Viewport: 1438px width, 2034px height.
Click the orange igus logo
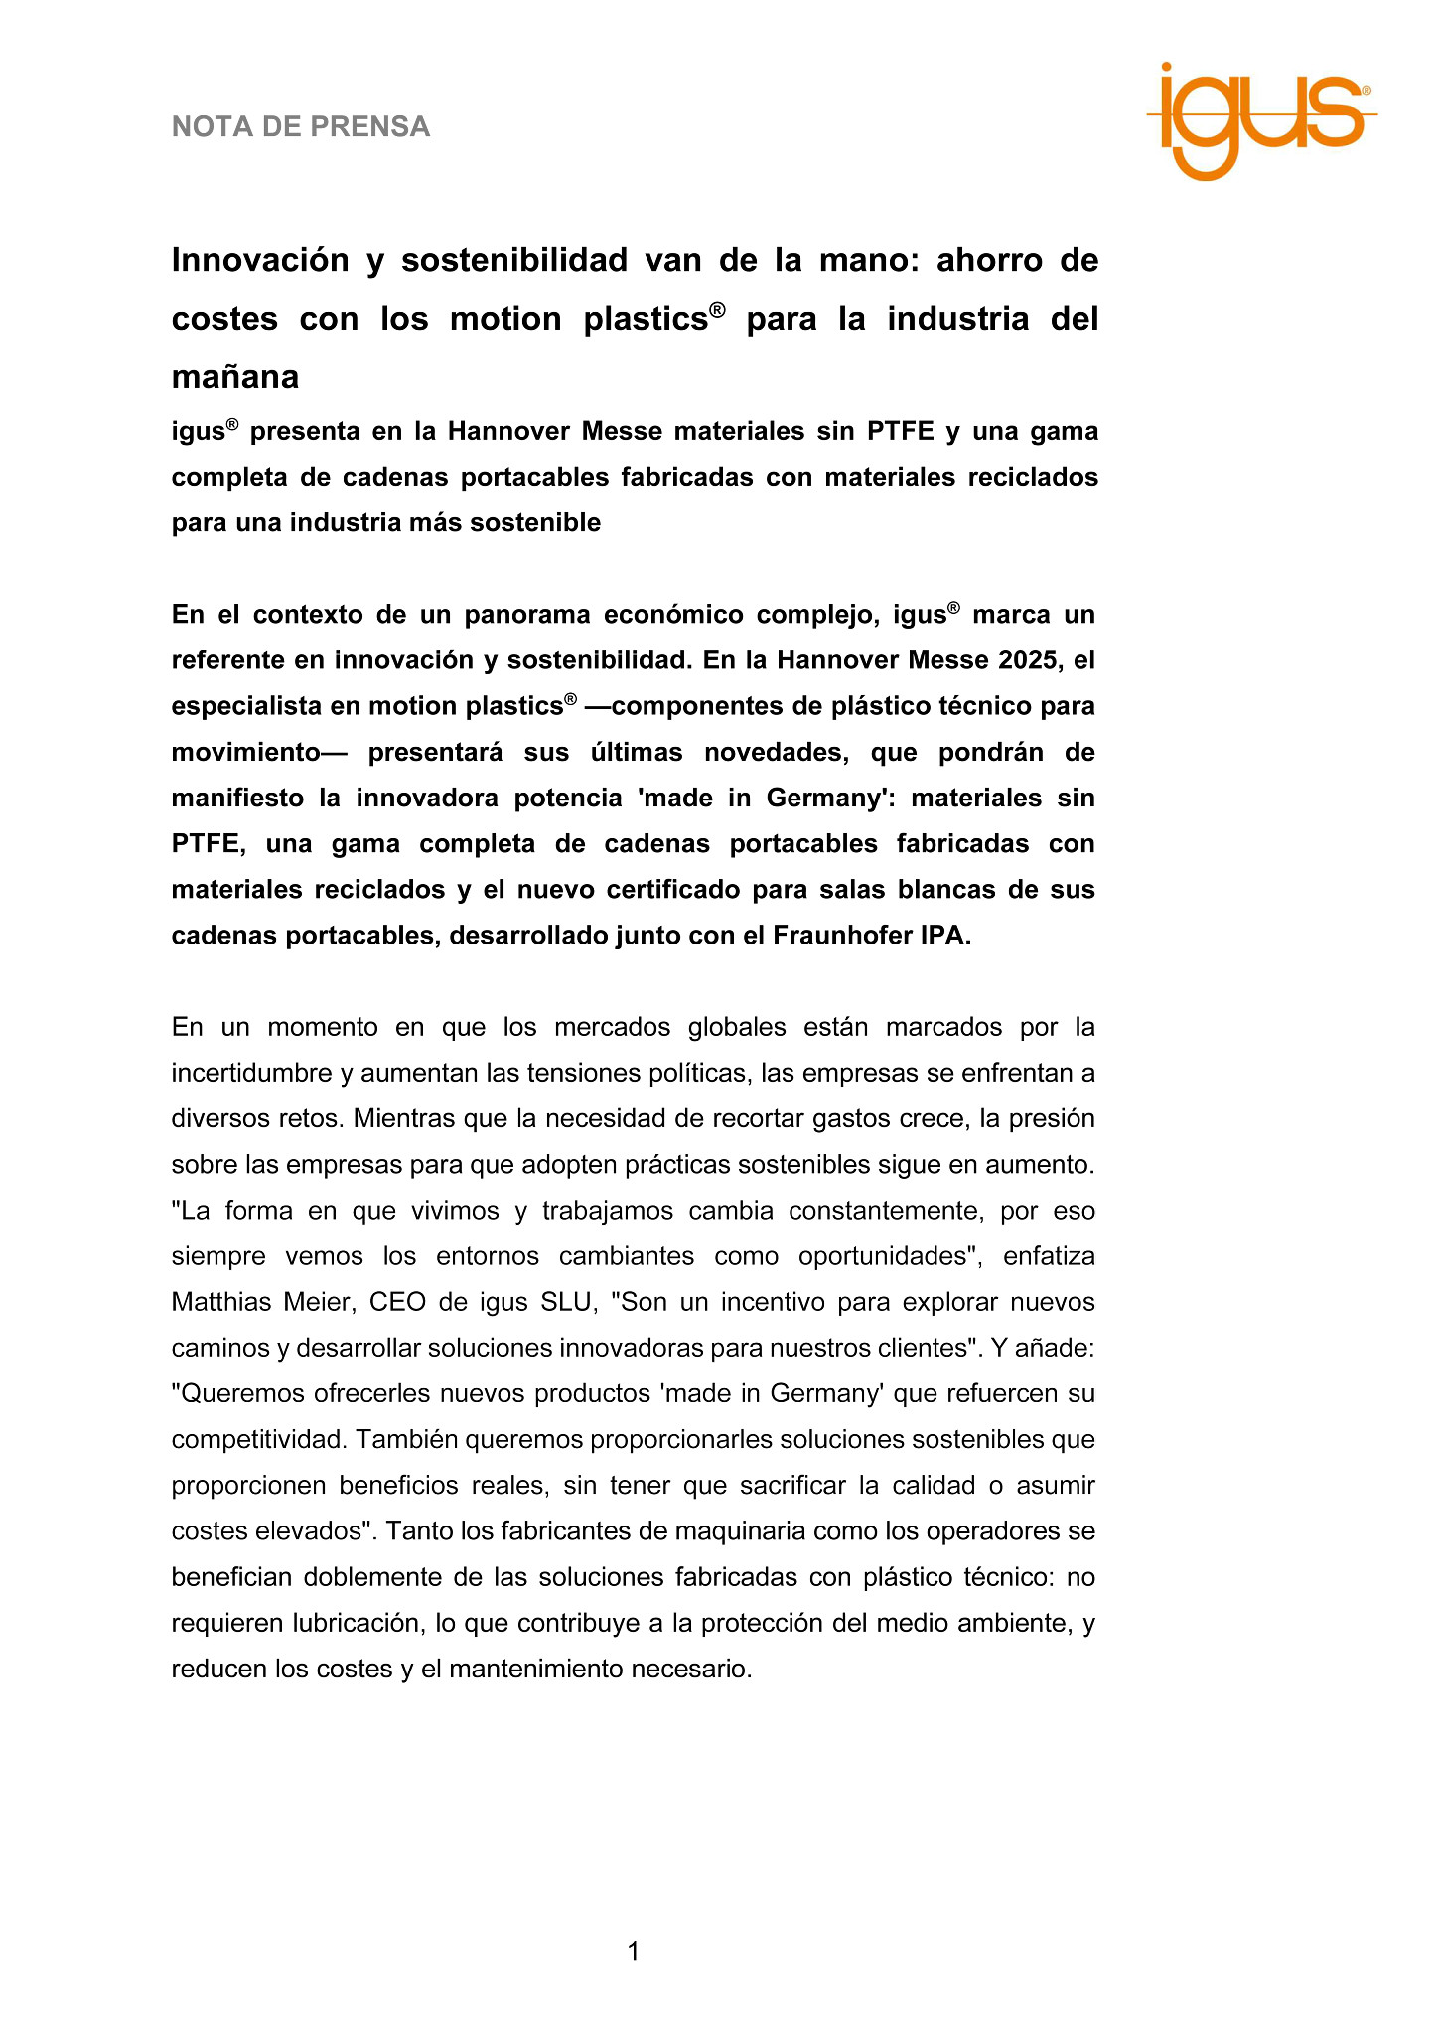pos(1261,119)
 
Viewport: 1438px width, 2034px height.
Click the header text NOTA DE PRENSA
pos(301,127)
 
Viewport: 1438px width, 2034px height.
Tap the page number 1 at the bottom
pos(634,1952)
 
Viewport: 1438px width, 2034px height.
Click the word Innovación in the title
pos(261,260)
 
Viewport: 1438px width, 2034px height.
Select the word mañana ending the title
pos(235,377)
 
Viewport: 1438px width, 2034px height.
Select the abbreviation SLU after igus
pos(566,1302)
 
